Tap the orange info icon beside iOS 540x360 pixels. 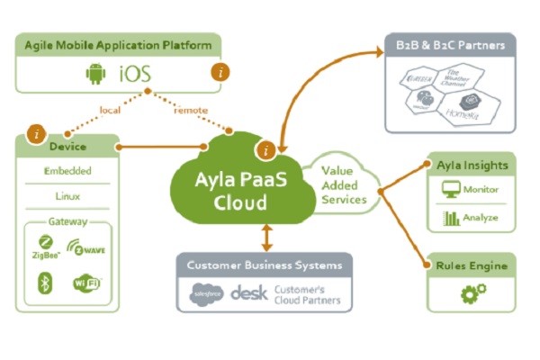pos(217,71)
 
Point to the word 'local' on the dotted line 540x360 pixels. pos(110,110)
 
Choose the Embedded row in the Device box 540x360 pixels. pos(67,171)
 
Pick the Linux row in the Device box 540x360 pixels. pos(67,195)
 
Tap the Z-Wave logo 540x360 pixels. pos(88,248)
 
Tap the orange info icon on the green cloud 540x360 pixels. pos(265,149)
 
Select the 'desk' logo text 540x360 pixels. pos(248,292)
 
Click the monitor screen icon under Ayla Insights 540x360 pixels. pos(451,190)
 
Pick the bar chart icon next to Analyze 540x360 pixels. pos(451,218)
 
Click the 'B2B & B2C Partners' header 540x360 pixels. pos(450,44)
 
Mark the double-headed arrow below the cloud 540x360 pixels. pos(265,236)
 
